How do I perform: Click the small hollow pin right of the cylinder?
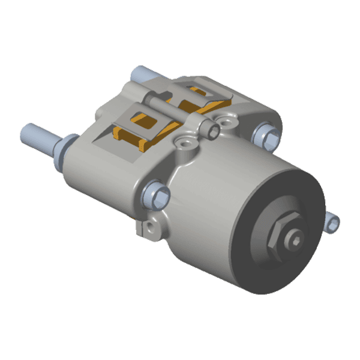tap(334, 223)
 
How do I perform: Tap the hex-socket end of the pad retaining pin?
tap(212, 130)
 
